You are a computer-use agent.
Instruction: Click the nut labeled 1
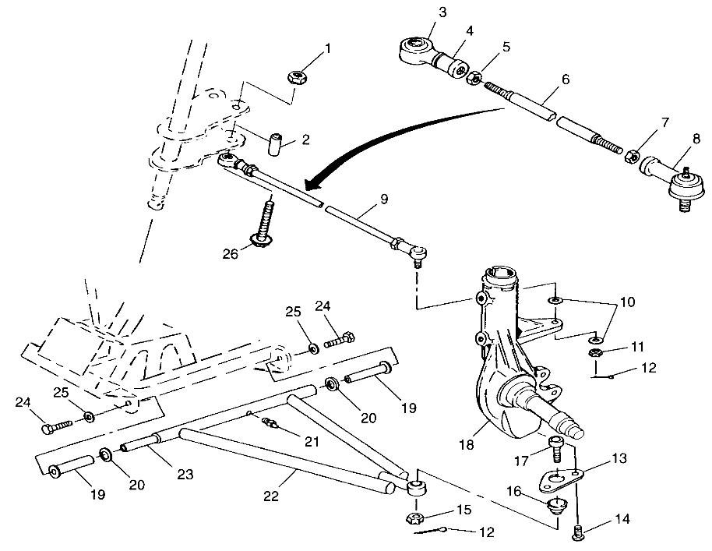(x=295, y=77)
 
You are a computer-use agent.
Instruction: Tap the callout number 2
(x=305, y=140)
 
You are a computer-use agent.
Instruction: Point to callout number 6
(x=566, y=79)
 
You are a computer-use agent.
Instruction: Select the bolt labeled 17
(x=558, y=448)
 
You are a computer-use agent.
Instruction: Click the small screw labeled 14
(x=578, y=533)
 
